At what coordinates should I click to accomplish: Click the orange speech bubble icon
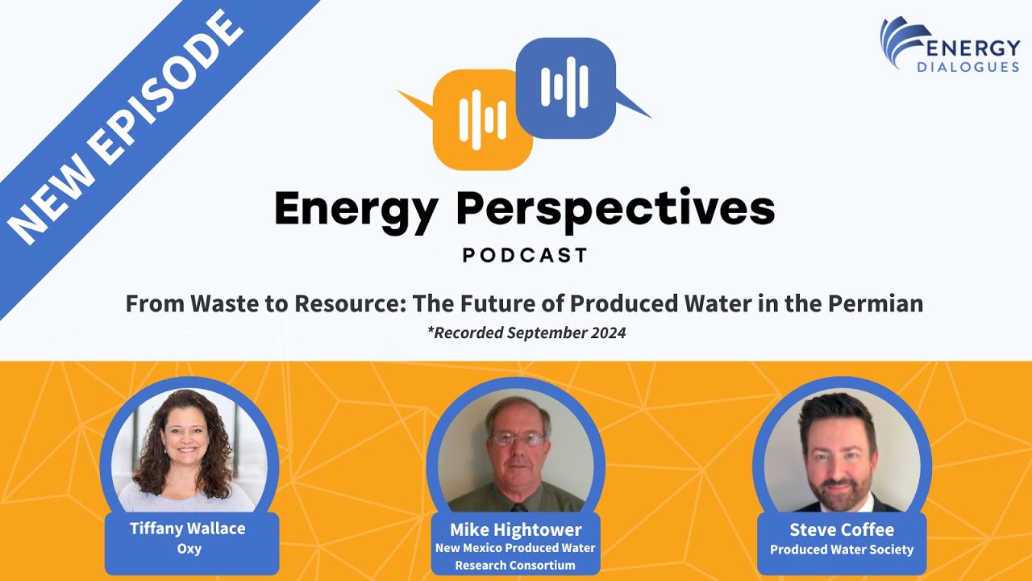click(x=481, y=119)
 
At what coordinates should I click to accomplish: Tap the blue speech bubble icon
click(x=565, y=87)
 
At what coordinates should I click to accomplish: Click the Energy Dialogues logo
click(x=949, y=45)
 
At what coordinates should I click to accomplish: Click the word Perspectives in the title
click(x=615, y=210)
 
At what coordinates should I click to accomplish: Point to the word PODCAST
click(x=525, y=256)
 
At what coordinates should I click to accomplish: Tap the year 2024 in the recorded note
click(x=609, y=332)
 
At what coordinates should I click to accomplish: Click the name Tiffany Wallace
click(x=188, y=529)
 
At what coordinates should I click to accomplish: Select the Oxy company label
click(x=189, y=549)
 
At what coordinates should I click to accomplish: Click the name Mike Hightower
click(x=515, y=529)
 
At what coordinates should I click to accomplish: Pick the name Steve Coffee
click(x=842, y=529)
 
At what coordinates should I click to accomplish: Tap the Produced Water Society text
click(x=842, y=550)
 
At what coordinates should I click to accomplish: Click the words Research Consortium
click(x=515, y=565)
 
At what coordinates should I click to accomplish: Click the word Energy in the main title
click(x=356, y=210)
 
